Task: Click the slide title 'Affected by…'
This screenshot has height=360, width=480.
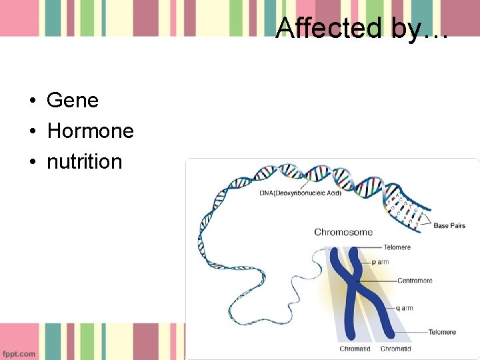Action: pyautogui.click(x=362, y=28)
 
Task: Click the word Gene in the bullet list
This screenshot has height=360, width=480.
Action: pyautogui.click(x=73, y=101)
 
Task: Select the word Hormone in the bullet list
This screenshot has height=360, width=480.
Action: pyautogui.click(x=90, y=131)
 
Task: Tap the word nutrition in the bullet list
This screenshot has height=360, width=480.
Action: pyautogui.click(x=85, y=162)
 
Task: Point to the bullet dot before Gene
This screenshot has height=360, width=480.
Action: pyautogui.click(x=31, y=101)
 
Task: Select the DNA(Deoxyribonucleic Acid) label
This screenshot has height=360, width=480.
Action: pyautogui.click(x=300, y=193)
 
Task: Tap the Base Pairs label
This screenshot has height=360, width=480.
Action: pyautogui.click(x=449, y=226)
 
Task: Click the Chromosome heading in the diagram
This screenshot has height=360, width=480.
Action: pyautogui.click(x=343, y=232)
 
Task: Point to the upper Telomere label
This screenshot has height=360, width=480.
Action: pyautogui.click(x=397, y=247)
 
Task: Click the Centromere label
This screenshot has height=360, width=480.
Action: pyautogui.click(x=415, y=281)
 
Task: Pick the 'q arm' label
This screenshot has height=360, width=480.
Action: pyautogui.click(x=405, y=308)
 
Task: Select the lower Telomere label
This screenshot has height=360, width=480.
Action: pyautogui.click(x=442, y=332)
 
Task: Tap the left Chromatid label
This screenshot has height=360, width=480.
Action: pyautogui.click(x=355, y=349)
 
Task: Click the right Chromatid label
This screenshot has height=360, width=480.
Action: pyautogui.click(x=395, y=349)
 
